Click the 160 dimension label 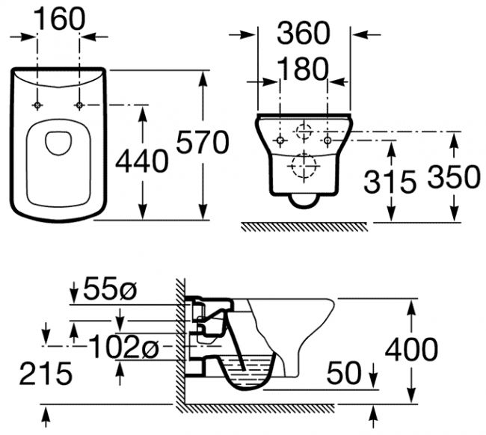[x=59, y=19]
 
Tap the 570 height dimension [x=203, y=142]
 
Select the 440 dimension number [x=142, y=161]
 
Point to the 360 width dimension [x=304, y=33]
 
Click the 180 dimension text [x=302, y=69]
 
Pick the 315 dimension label [x=390, y=182]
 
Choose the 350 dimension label [x=454, y=176]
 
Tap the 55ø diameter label [x=110, y=289]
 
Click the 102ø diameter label [x=123, y=346]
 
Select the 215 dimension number [x=46, y=374]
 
